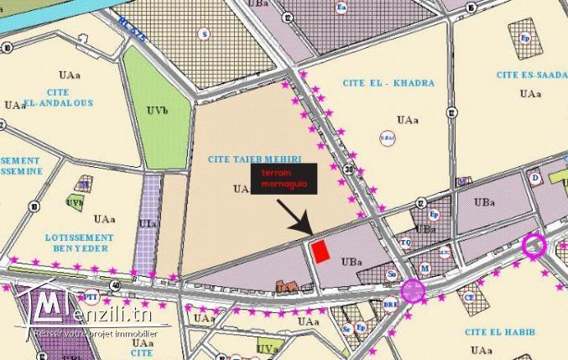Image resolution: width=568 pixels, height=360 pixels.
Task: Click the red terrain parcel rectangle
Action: (x=320, y=251)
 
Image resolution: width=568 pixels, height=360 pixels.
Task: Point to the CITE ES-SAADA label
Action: (x=530, y=75)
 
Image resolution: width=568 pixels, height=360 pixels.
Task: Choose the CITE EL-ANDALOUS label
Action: (x=47, y=98)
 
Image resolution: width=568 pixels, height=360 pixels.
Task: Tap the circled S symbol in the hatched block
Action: (x=203, y=33)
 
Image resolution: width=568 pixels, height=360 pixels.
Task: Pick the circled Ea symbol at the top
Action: (x=341, y=8)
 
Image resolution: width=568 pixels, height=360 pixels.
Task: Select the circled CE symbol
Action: (x=470, y=296)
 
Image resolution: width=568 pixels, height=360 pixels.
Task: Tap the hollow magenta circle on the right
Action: (x=534, y=245)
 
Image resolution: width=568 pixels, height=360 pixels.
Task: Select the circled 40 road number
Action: (x=115, y=285)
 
